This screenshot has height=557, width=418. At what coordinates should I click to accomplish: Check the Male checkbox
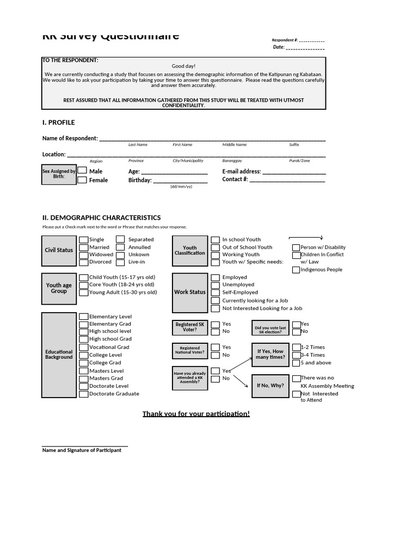(82, 170)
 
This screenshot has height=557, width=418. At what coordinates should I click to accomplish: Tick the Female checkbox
(82, 180)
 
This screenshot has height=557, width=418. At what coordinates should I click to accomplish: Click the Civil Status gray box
(59, 250)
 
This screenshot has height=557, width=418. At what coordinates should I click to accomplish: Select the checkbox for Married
(84, 247)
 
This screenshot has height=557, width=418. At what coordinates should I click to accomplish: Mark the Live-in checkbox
(120, 262)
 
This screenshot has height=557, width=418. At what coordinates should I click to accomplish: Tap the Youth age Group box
(59, 288)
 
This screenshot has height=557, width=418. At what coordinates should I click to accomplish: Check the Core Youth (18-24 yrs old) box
(84, 284)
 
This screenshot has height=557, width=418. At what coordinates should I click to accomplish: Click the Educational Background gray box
(59, 355)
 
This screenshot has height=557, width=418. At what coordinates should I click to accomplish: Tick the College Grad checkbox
(84, 362)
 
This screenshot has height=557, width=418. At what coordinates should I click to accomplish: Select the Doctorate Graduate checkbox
(84, 394)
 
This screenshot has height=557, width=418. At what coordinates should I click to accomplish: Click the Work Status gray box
(189, 292)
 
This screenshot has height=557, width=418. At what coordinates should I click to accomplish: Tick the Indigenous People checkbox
(296, 270)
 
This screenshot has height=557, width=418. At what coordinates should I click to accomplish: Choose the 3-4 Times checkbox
(296, 355)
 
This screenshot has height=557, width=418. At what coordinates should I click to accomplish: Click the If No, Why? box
(270, 386)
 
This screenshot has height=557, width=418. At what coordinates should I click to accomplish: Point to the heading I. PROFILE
(59, 122)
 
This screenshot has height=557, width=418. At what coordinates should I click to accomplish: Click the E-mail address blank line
(294, 171)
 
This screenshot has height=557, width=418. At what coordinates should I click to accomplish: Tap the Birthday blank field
(180, 181)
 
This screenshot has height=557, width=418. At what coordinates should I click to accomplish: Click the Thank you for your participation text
(196, 414)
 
